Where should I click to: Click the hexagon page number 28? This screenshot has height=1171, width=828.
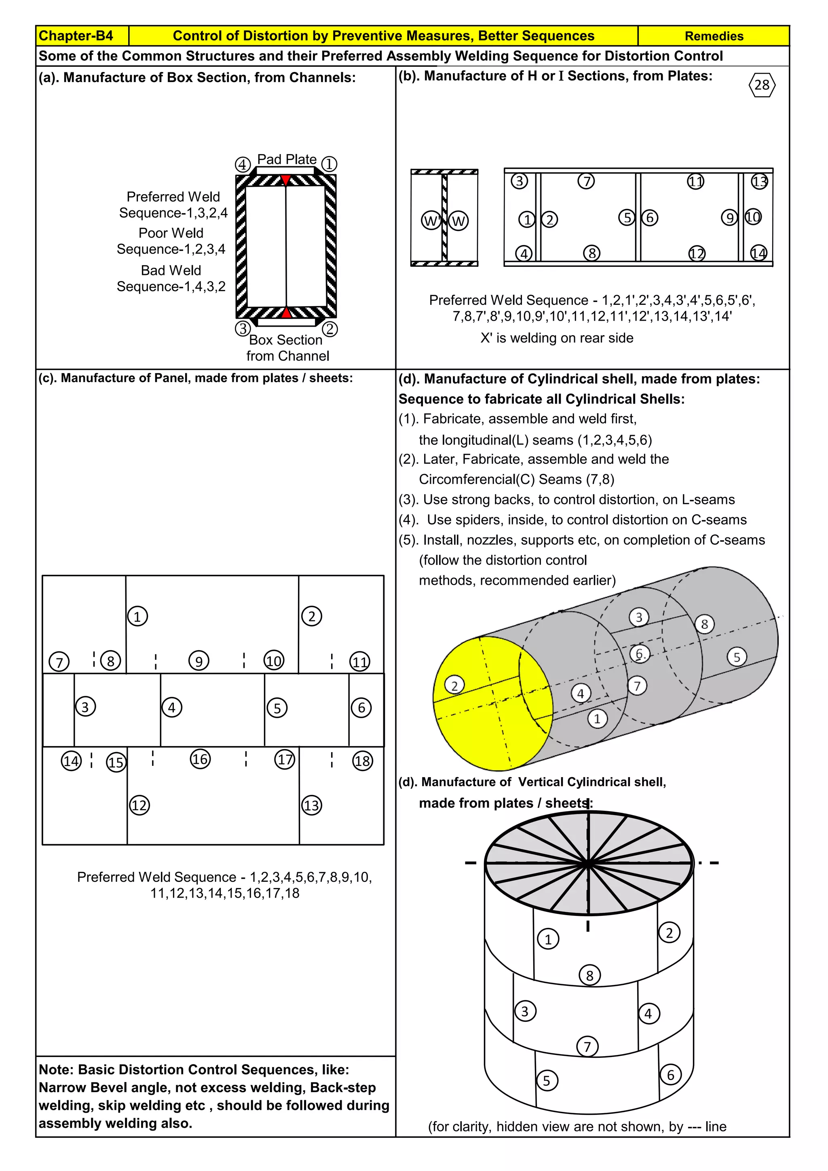click(762, 85)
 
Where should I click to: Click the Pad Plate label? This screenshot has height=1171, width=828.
click(287, 160)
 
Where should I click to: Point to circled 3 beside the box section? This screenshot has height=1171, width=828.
click(243, 328)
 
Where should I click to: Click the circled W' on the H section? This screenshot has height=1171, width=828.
click(431, 221)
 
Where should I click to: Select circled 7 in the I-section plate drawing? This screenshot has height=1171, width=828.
click(586, 181)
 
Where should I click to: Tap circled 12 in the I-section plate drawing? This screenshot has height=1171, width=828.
click(697, 254)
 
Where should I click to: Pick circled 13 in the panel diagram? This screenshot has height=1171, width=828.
click(312, 805)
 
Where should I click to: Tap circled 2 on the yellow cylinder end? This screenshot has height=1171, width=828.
click(454, 685)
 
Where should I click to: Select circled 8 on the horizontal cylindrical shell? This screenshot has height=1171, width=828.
click(705, 624)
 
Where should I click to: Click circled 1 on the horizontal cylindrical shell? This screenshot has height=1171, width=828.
click(598, 719)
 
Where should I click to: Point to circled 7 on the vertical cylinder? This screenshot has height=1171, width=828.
click(587, 1047)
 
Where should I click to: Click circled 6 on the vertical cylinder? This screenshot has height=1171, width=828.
click(670, 1075)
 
